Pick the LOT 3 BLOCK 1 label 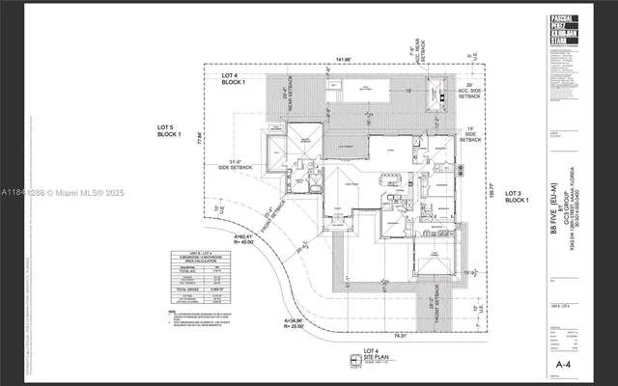click(517, 196)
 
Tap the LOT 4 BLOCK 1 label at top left click(235, 80)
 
